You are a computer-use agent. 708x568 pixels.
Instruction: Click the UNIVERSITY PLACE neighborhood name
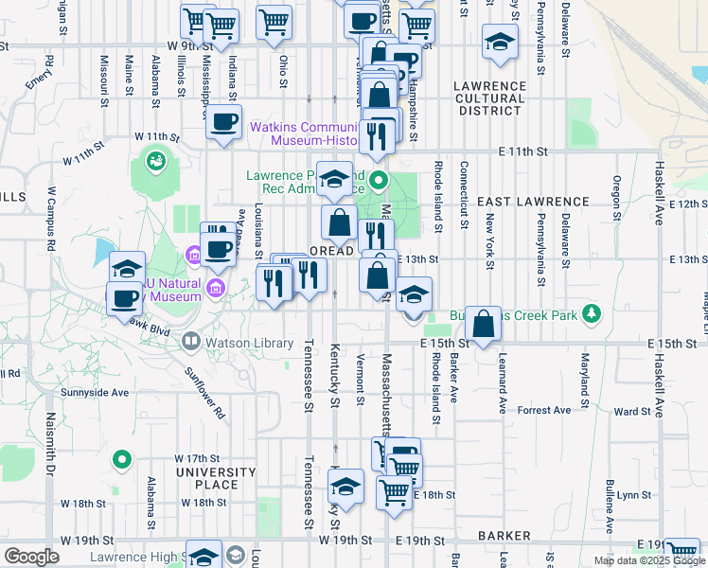coord(216,478)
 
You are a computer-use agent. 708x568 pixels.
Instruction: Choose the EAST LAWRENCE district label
coord(533,202)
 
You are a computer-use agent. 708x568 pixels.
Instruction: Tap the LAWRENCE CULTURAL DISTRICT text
coord(489,98)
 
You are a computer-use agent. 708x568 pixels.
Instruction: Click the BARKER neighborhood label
coord(504,535)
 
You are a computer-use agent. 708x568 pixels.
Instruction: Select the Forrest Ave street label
coord(544,410)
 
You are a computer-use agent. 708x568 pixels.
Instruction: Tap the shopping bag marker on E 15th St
coord(483,324)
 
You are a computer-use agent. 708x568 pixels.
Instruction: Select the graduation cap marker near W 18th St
coord(345,488)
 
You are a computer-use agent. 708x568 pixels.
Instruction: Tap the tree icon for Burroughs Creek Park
coord(592,313)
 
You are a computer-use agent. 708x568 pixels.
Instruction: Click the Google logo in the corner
coord(31,557)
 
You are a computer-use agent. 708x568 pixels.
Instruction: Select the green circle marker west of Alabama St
coord(120,461)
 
